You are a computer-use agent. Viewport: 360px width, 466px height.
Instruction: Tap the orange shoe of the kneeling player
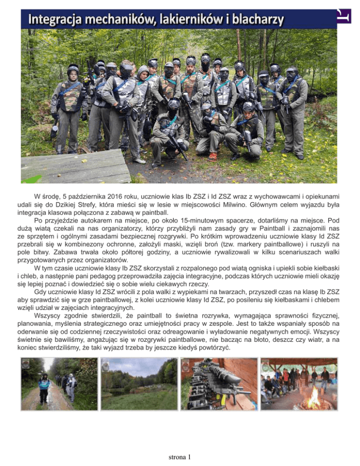click(x=212, y=157)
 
